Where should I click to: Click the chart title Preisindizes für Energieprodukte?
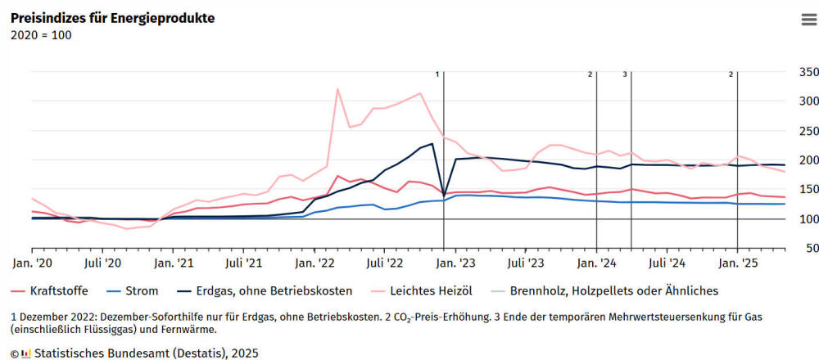(112, 18)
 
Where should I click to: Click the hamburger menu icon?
(808, 20)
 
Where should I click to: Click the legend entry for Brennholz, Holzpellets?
(613, 290)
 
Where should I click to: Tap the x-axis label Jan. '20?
(33, 263)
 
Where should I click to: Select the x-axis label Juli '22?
(385, 263)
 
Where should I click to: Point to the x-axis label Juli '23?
(526, 263)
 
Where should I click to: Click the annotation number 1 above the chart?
(437, 74)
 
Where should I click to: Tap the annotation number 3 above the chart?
(625, 74)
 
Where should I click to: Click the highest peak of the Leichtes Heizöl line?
(338, 89)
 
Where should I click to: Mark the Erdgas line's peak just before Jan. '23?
(432, 144)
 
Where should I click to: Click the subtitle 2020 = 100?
(41, 35)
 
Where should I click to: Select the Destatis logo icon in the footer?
(25, 353)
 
